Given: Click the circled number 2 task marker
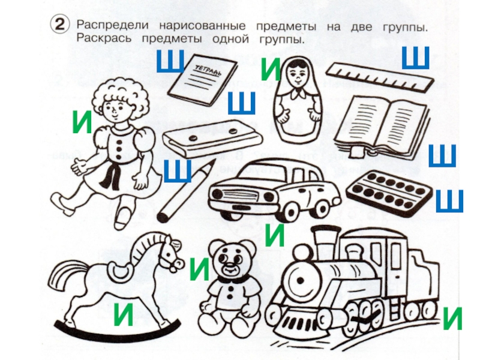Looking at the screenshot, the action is point(59,25).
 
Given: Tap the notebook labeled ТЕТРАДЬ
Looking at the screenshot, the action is point(203,80).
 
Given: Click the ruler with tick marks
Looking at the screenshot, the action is point(380,77).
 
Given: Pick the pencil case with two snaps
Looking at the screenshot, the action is point(213,139).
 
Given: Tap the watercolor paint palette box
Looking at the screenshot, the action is point(388,192).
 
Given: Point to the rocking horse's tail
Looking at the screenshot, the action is point(67,275).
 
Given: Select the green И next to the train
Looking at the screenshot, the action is point(452,319).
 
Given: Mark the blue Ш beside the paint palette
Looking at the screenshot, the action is point(449,201).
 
